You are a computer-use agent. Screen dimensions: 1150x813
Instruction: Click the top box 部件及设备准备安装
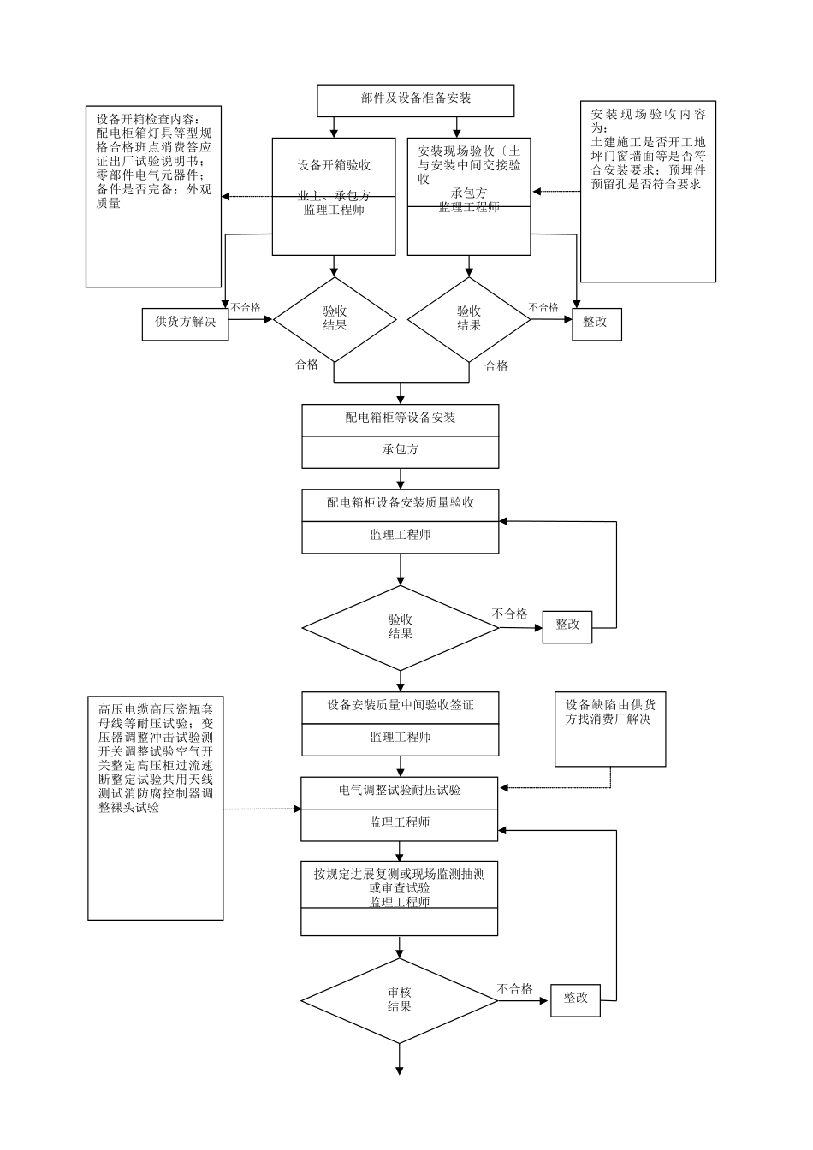pyautogui.click(x=416, y=99)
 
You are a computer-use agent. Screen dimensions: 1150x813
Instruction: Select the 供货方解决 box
pyautogui.click(x=185, y=323)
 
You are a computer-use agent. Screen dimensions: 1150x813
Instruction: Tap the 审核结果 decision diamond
pyautogui.click(x=400, y=1000)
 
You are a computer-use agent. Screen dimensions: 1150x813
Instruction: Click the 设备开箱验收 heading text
pyautogui.click(x=334, y=165)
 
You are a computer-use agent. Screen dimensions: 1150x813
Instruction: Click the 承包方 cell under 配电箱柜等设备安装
pyautogui.click(x=401, y=450)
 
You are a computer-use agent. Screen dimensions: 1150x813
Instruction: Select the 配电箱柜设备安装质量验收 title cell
pyautogui.click(x=401, y=503)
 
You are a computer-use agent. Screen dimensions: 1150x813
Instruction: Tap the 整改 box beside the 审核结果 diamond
pyautogui.click(x=576, y=999)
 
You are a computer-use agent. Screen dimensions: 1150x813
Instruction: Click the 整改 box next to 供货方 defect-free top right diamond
pyautogui.click(x=595, y=323)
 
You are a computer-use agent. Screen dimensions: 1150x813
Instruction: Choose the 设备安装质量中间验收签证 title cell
pyautogui.click(x=401, y=706)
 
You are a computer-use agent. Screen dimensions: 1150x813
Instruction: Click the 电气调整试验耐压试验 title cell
pyautogui.click(x=400, y=791)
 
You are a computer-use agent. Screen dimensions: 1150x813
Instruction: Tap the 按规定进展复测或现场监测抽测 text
pyautogui.click(x=400, y=874)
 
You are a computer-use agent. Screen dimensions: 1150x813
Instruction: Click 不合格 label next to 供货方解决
pyautogui.click(x=246, y=307)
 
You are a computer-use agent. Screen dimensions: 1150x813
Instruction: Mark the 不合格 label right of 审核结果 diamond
pyautogui.click(x=515, y=989)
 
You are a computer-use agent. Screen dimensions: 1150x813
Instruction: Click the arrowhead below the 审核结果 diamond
pyautogui.click(x=400, y=1070)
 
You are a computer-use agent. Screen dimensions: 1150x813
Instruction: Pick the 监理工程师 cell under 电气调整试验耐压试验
pyautogui.click(x=400, y=823)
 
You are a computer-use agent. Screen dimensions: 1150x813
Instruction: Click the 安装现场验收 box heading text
pyautogui.click(x=469, y=164)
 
